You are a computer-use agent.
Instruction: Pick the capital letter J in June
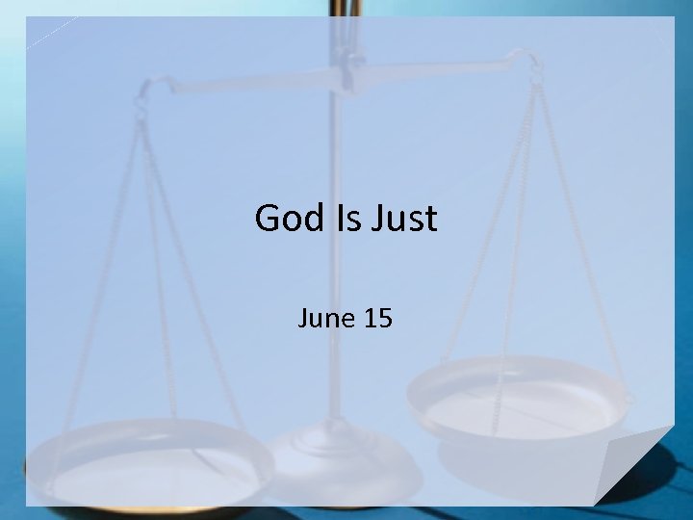(303, 318)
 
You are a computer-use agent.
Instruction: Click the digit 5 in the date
(383, 318)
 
